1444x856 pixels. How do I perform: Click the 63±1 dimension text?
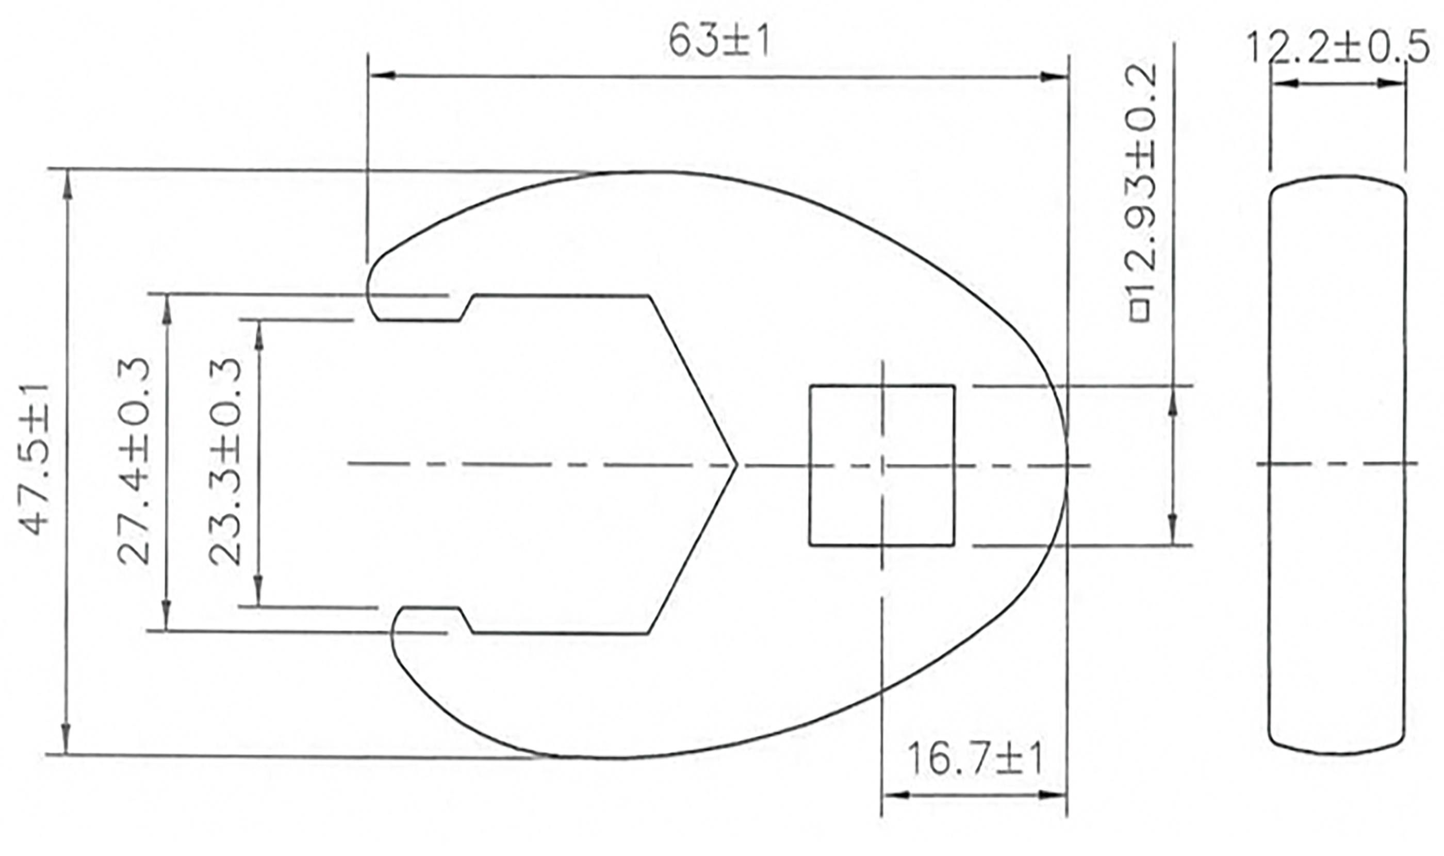(719, 42)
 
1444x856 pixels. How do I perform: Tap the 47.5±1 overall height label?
(36, 460)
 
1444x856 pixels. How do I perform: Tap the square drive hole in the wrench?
(881, 465)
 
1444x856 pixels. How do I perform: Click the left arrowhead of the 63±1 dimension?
(382, 75)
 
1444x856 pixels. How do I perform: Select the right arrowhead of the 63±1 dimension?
(1055, 77)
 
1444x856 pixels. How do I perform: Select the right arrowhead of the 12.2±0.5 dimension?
(1390, 83)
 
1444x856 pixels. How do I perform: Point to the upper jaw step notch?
(466, 308)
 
